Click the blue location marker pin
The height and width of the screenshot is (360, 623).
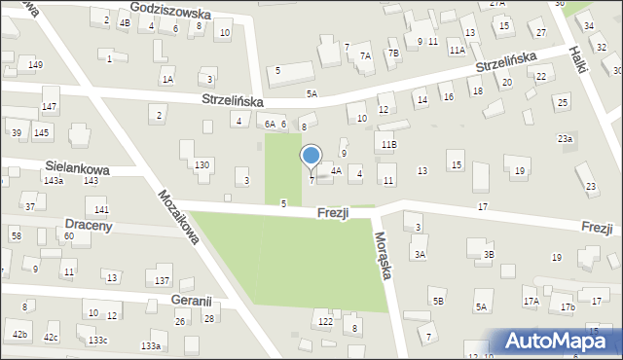click(311, 157)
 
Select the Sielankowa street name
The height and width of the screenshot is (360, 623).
click(75, 168)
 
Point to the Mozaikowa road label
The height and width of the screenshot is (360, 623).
click(177, 216)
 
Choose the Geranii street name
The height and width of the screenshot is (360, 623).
click(191, 302)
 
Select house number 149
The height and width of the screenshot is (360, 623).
click(35, 65)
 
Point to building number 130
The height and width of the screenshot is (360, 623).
click(202, 165)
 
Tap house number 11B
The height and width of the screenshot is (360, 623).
click(389, 144)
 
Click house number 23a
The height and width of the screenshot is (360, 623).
click(565, 139)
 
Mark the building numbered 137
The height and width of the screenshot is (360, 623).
click(163, 281)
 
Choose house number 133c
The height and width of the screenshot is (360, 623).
click(97, 340)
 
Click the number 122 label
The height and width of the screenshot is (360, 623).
click(325, 321)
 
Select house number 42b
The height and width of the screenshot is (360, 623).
click(20, 335)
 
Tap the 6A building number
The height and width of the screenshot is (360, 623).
click(270, 125)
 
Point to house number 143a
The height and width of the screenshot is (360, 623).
click(54, 181)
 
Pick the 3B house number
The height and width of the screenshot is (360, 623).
click(490, 255)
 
